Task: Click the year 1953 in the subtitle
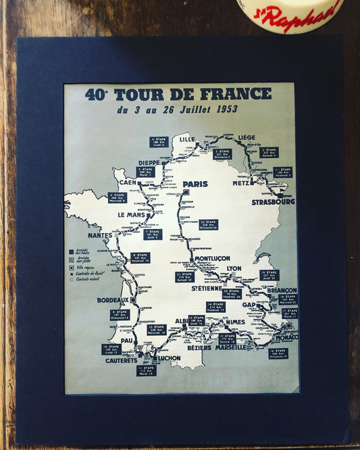click(x=222, y=109)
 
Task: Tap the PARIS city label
click(x=195, y=184)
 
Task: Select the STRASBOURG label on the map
click(x=273, y=202)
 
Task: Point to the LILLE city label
click(x=187, y=139)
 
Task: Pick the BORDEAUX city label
click(x=113, y=300)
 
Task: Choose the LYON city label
click(x=234, y=268)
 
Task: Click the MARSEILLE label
click(x=231, y=348)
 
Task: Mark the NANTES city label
click(x=99, y=235)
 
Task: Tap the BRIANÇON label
click(x=282, y=290)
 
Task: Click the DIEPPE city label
click(x=147, y=163)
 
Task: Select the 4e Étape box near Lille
click(x=159, y=142)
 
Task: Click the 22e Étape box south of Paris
click(x=208, y=224)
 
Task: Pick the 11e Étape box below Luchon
click(x=146, y=370)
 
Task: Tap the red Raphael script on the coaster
click(x=307, y=13)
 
